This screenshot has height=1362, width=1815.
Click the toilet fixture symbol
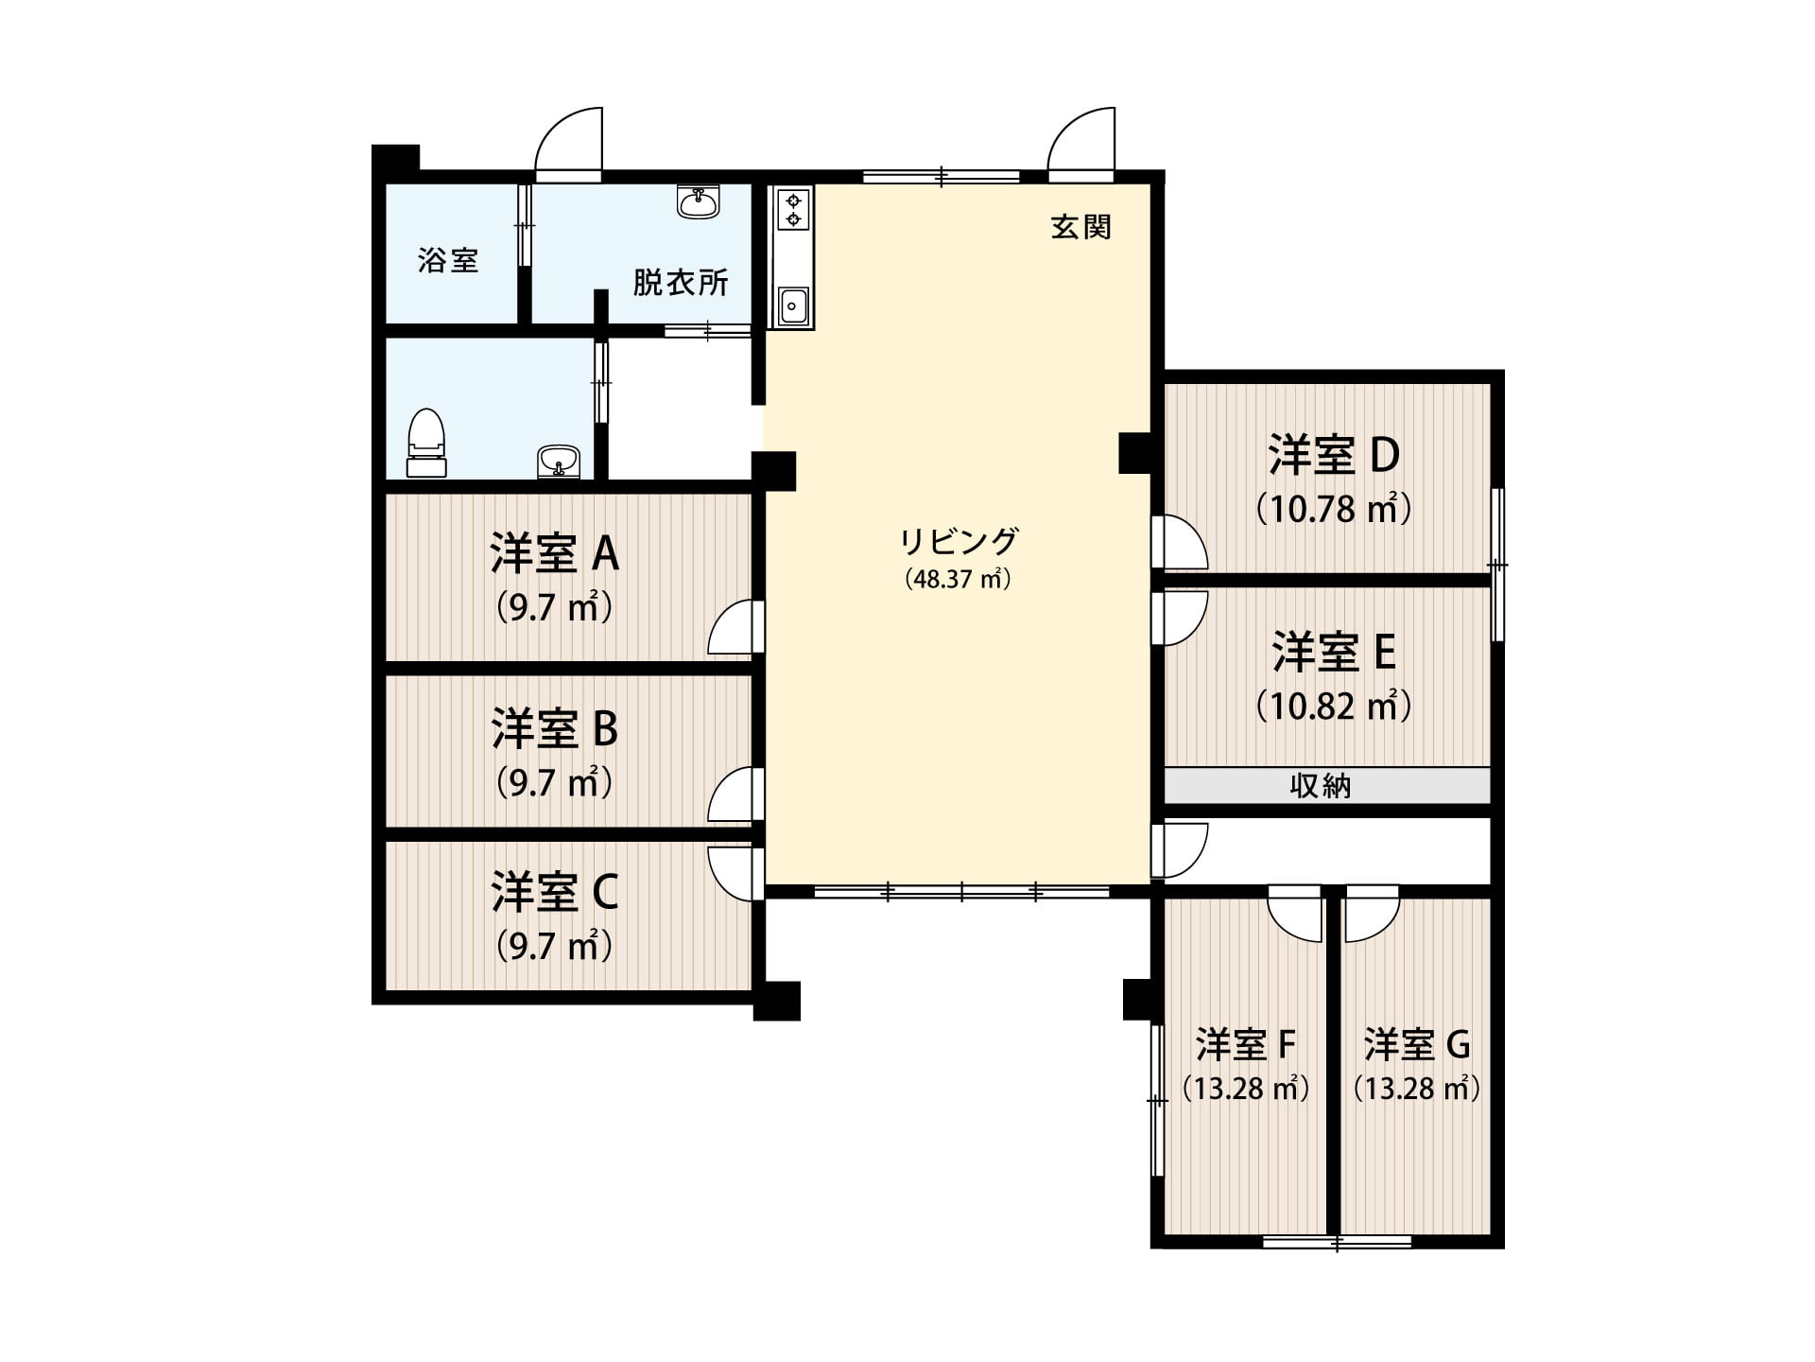point(426,443)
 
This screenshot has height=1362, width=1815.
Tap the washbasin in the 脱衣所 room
point(699,201)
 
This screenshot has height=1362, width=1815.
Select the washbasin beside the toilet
point(559,463)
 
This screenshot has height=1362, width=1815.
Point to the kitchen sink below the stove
point(793,306)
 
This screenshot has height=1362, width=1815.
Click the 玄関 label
point(1081,227)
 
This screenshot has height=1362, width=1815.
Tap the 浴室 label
point(448,260)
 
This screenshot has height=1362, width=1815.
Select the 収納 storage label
point(1321,786)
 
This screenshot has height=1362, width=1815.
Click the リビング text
point(959,542)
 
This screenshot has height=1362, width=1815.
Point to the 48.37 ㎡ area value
point(959,579)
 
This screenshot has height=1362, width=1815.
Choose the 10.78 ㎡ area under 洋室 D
point(1334,510)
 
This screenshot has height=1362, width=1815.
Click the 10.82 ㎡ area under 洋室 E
point(1334,706)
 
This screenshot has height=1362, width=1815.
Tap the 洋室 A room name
point(555,553)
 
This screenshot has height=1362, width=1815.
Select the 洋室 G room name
point(1417,1045)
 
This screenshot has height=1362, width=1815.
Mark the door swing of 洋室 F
point(1294,914)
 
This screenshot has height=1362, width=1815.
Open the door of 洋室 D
point(1180,541)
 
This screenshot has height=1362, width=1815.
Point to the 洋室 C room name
point(555,892)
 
